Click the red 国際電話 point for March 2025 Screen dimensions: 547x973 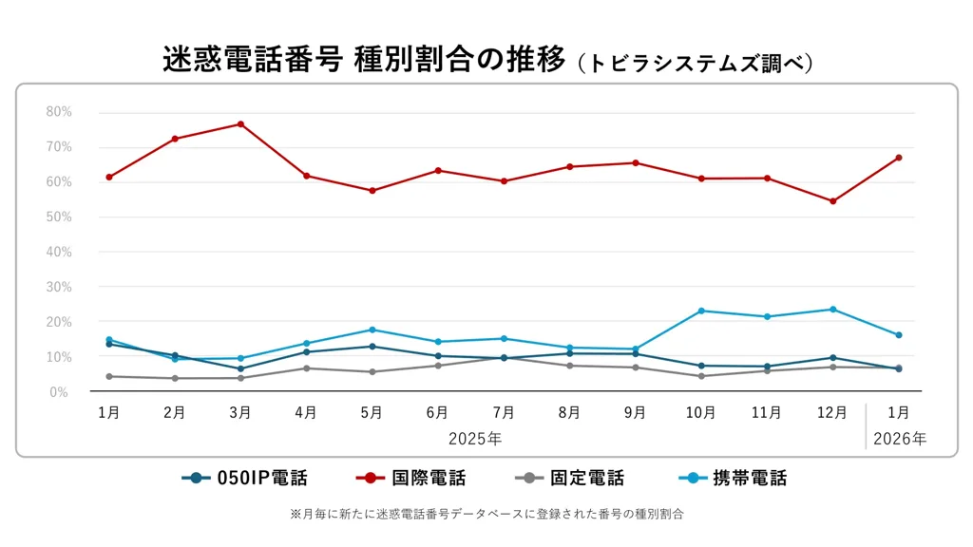(x=240, y=124)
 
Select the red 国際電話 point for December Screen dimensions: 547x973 (x=832, y=201)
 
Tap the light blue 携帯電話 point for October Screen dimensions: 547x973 (x=701, y=311)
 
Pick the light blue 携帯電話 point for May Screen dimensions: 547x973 (x=372, y=330)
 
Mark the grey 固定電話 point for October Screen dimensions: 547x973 (x=701, y=376)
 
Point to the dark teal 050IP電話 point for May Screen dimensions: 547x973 (x=372, y=346)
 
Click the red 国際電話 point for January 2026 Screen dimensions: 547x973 (x=898, y=158)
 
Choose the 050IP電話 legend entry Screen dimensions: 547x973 (x=244, y=479)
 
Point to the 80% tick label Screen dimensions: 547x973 (x=59, y=112)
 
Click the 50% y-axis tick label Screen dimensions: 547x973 (x=59, y=217)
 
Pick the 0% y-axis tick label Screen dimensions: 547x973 (x=59, y=392)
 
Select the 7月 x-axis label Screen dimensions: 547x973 (x=504, y=413)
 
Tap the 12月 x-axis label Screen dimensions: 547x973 (x=832, y=413)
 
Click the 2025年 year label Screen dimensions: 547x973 (x=476, y=439)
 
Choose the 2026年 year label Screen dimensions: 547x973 (x=898, y=439)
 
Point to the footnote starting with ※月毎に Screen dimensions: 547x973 (x=486, y=514)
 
